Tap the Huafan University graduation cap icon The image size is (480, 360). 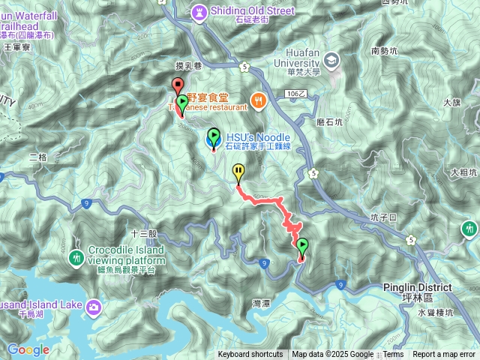coord(331,59)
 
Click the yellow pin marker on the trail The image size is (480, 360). coord(238,172)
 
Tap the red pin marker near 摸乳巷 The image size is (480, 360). coord(178,85)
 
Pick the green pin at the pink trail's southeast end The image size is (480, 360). coord(302,246)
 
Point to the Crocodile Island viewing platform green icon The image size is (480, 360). coord(76,258)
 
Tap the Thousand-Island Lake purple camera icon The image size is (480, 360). coord(94,306)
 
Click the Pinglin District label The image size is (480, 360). coord(418,287)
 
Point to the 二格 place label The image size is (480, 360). coord(37,157)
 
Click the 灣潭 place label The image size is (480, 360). coord(260,303)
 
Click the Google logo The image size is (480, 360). coord(28,349)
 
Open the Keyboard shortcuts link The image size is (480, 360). coord(250,355)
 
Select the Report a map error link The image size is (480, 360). coord(444,355)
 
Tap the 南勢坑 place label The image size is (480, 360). coord(385,52)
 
